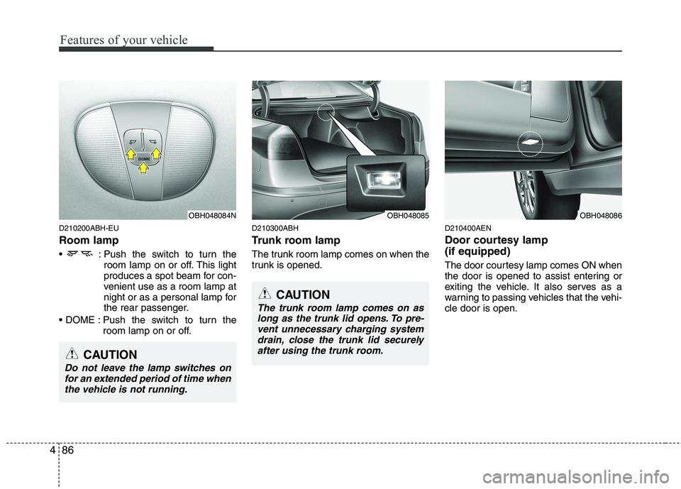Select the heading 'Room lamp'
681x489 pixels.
[88, 241]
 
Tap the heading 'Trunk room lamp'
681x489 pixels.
[296, 241]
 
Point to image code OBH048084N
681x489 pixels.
[211, 214]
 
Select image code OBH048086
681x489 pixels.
[599, 214]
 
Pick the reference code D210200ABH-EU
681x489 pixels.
[89, 228]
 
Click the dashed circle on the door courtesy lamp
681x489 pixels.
[530, 143]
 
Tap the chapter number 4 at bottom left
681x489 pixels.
[51, 450]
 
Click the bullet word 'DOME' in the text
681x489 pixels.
[84, 320]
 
